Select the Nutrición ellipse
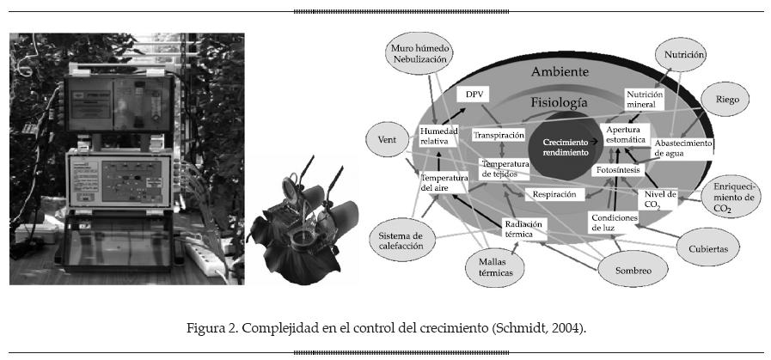(x=684, y=55)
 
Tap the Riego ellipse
(x=721, y=100)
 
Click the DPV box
(x=475, y=93)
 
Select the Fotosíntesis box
(x=616, y=170)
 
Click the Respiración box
(x=554, y=194)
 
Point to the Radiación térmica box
(x=524, y=228)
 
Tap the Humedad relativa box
(x=434, y=137)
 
